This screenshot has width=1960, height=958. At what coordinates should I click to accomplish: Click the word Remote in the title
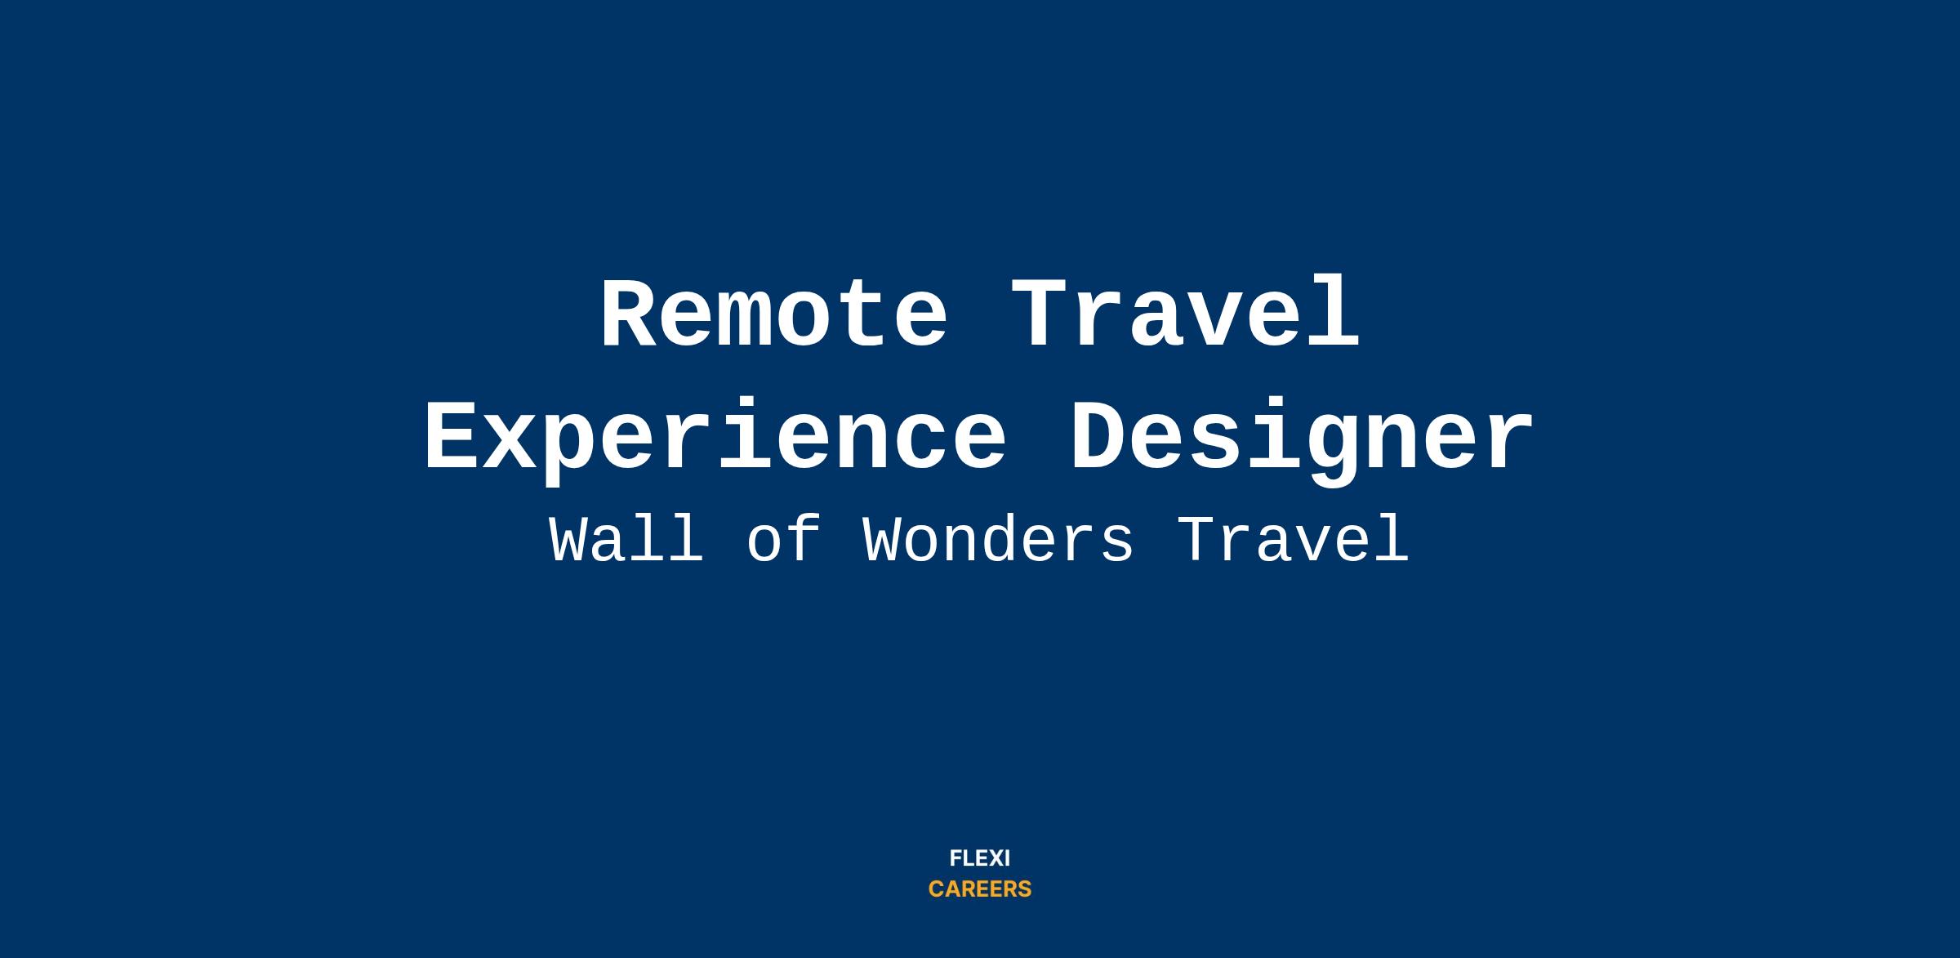pos(774,314)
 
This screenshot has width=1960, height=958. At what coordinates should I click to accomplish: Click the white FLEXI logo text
pos(980,858)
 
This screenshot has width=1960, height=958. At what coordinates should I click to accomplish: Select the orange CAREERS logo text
pos(980,889)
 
